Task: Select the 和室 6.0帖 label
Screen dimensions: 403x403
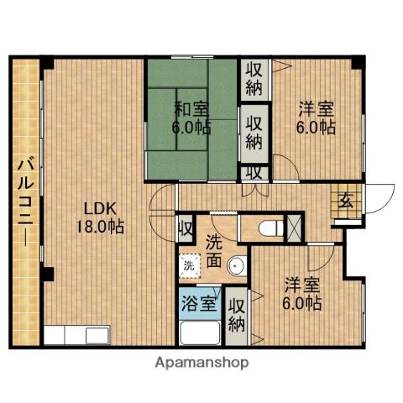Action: click(192, 118)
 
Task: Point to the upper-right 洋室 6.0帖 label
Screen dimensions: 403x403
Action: click(317, 118)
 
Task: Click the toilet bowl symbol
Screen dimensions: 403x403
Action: click(269, 228)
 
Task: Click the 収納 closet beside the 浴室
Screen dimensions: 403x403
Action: click(238, 313)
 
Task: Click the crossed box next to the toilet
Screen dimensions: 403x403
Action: click(296, 228)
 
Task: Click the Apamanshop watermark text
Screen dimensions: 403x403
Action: click(201, 364)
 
